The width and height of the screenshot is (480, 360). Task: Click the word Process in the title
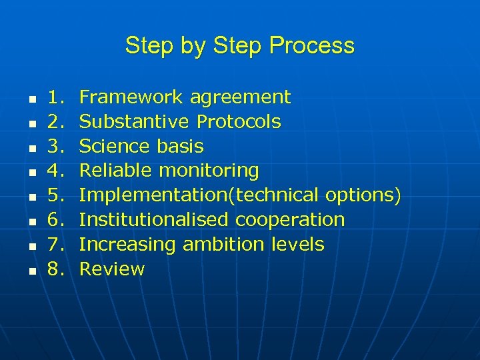coord(312,46)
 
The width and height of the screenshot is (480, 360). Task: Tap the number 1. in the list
coord(55,97)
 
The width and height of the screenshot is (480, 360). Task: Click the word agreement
coord(240,98)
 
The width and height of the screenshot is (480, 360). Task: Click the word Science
coord(115,146)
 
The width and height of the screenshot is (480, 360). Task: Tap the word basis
coord(180,146)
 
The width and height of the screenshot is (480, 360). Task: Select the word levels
coord(297,245)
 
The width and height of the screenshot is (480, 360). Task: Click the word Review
coord(111,269)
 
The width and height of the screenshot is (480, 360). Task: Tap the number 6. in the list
coord(55,220)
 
